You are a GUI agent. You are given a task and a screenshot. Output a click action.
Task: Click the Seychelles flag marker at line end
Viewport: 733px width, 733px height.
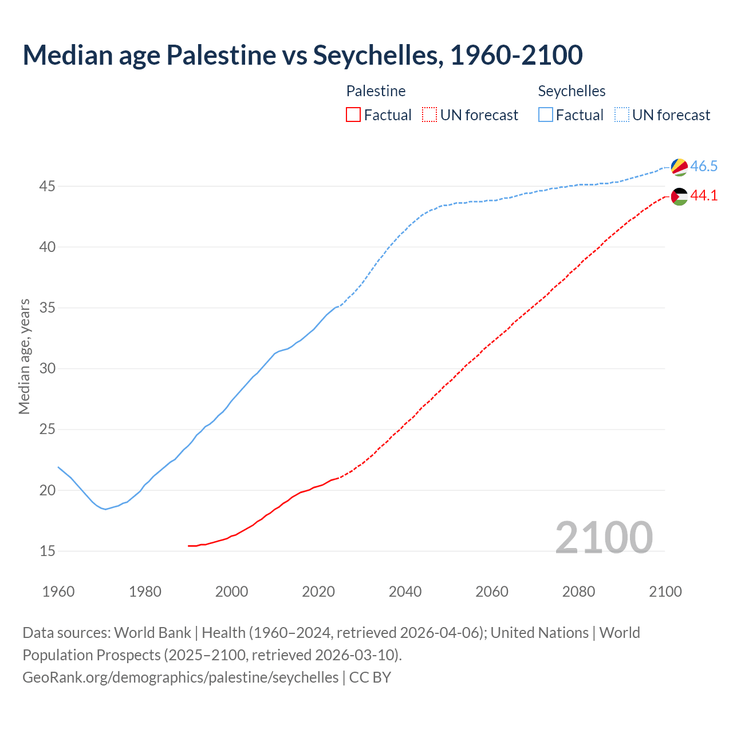679,167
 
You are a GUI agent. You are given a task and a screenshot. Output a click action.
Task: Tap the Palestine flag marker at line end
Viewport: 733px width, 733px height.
679,196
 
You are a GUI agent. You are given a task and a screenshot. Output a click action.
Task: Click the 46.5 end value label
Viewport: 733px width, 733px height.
704,167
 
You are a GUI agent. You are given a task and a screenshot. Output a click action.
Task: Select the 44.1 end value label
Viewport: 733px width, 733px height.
704,196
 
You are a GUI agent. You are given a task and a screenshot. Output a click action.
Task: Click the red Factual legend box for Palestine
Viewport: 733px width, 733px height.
353,115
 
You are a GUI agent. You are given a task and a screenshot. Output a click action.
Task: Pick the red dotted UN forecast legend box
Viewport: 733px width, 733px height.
429,115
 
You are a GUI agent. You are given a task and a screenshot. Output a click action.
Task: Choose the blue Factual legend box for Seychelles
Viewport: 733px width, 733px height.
546,115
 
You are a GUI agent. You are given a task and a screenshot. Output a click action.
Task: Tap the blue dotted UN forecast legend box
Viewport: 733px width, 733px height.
622,115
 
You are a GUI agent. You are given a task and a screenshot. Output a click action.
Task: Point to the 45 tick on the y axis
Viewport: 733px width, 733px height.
48,187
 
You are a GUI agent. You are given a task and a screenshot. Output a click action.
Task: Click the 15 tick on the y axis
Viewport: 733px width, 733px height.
48,551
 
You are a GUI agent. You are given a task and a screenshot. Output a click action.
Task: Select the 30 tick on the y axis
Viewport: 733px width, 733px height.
48,369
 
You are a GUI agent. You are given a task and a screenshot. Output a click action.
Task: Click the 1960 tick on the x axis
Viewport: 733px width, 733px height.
58,592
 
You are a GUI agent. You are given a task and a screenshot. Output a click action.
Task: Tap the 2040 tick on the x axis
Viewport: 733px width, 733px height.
405,592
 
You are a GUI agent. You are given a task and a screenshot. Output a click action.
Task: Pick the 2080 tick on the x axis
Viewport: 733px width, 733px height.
579,592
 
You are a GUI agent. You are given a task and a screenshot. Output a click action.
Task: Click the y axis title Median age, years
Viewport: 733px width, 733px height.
25,356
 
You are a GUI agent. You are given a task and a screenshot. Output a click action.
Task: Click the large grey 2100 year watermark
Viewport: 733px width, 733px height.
604,537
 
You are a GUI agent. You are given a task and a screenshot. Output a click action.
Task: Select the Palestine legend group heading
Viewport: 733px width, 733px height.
376,91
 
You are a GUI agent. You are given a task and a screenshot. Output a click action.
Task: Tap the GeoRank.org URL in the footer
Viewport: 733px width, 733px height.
180,677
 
